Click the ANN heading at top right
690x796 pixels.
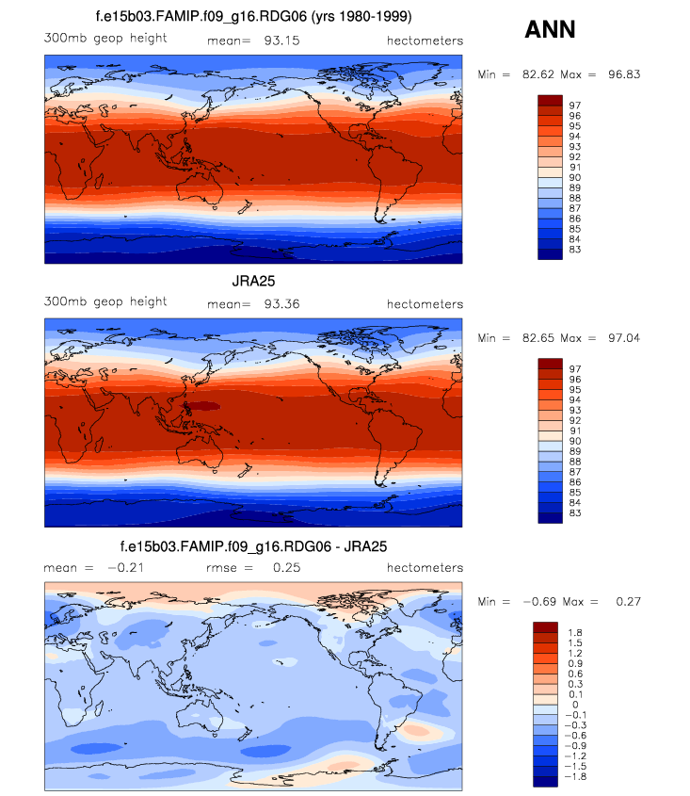pos(550,30)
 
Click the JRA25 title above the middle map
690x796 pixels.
pos(254,281)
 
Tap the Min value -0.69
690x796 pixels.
pos(532,601)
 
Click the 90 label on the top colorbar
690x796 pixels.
pos(574,177)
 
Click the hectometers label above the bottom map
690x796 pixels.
pos(425,568)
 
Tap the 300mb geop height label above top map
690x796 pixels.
pos(105,39)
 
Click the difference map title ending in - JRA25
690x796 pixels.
pos(254,546)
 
